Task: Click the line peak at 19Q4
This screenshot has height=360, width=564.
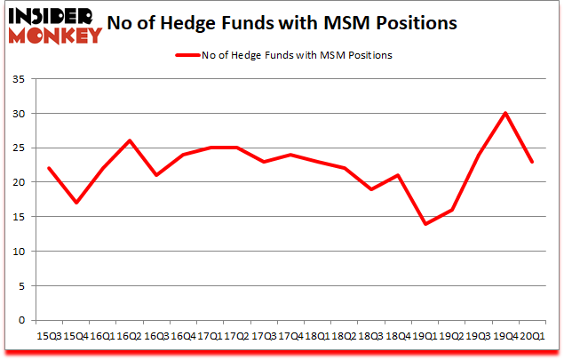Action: point(504,113)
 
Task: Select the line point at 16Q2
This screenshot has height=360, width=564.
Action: point(130,140)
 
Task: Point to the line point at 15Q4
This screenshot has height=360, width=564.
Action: point(76,203)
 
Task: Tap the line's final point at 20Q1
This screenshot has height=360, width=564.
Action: point(531,161)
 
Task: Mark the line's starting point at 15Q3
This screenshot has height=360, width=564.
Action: point(50,168)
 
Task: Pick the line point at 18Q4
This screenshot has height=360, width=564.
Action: point(398,175)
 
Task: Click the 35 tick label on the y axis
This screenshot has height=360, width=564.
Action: point(20,80)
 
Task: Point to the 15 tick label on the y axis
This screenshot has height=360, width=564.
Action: point(20,217)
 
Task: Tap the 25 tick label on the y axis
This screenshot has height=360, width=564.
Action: point(20,148)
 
